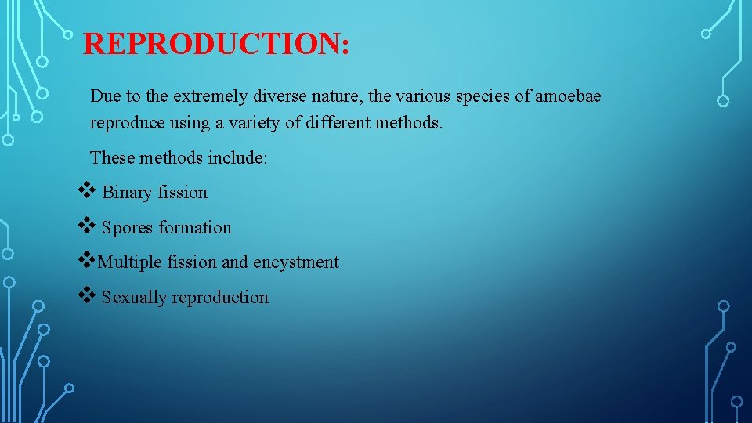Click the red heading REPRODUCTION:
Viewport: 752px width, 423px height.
pos(216,44)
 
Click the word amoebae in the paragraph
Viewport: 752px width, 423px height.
pos(569,96)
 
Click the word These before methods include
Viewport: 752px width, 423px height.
pos(113,157)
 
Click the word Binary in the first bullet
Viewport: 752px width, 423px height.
pos(126,193)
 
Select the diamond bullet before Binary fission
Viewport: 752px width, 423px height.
pos(86,191)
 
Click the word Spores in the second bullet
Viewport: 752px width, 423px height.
pos(128,228)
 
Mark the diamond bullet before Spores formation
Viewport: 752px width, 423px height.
pos(86,226)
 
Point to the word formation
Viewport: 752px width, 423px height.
pos(195,228)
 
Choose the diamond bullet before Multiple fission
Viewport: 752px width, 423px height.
pos(86,261)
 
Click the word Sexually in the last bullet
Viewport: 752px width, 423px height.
pos(134,298)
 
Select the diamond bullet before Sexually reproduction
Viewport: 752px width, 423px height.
pos(86,295)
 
